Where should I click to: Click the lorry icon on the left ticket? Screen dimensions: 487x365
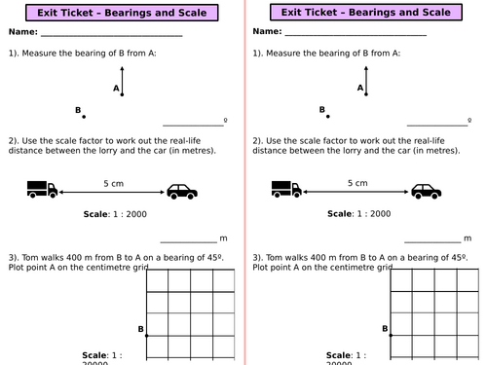point(42,189)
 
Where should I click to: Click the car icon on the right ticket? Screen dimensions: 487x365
point(427,191)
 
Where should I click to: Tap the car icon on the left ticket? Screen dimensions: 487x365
point(182,192)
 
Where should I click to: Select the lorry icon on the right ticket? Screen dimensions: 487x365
point(286,189)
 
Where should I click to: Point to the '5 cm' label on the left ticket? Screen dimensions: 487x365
point(114,184)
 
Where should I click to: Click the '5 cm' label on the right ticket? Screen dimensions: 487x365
point(357,183)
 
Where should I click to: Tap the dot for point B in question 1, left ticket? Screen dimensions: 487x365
point(84,117)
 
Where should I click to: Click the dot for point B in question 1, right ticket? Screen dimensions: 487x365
point(328,117)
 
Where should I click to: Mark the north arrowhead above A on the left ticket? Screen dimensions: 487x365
point(122,68)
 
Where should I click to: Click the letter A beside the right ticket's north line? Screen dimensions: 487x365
point(360,88)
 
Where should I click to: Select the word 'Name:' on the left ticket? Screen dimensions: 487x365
point(23,32)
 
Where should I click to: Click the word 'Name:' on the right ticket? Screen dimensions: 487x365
point(267,31)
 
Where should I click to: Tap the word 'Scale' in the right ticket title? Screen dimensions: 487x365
point(436,13)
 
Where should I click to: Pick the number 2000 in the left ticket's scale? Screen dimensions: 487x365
point(136,214)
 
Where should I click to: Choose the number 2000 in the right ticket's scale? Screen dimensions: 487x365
point(381,214)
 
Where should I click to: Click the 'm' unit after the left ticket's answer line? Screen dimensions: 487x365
point(223,238)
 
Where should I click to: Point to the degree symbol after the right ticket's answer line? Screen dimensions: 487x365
point(469,120)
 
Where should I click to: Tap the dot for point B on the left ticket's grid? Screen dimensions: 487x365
point(146,336)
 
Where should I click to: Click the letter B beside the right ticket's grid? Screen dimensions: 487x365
point(385,329)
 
